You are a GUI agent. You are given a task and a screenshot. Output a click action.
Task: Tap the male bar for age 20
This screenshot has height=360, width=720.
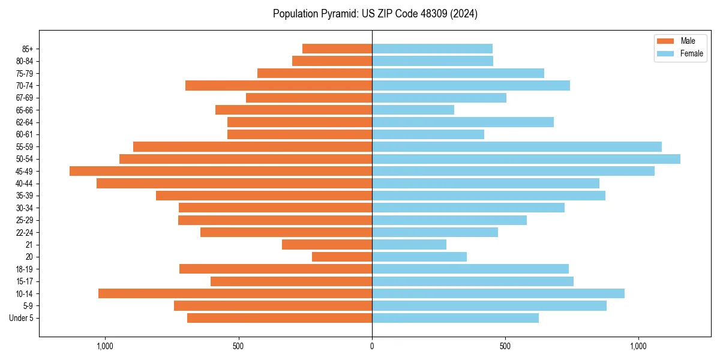(x=342, y=257)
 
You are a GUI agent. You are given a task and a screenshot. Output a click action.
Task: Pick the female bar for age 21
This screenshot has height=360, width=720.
(x=409, y=245)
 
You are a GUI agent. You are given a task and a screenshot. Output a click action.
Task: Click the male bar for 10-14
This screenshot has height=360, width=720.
(x=235, y=293)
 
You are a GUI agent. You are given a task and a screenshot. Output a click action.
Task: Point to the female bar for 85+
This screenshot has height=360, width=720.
(x=432, y=49)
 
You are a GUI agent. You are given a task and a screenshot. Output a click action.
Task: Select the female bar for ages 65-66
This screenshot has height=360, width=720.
(x=413, y=110)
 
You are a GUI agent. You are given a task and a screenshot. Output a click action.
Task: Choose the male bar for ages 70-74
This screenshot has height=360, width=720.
(x=278, y=85)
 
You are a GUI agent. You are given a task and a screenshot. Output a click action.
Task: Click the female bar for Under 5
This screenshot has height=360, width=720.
(x=455, y=318)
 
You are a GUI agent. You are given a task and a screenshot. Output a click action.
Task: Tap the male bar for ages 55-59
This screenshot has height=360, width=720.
(x=253, y=146)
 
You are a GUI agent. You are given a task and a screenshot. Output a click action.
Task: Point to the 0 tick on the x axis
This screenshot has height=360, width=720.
(x=372, y=346)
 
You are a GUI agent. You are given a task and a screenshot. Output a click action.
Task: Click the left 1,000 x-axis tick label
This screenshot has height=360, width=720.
(x=105, y=346)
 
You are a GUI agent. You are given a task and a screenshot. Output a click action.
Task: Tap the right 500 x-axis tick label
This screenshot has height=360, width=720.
(x=505, y=346)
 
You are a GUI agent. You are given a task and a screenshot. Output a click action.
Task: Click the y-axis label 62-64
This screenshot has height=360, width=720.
(x=25, y=122)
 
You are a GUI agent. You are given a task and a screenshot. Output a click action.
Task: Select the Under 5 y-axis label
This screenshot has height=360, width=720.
(x=22, y=318)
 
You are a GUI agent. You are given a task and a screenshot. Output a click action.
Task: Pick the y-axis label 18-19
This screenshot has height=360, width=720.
(x=25, y=269)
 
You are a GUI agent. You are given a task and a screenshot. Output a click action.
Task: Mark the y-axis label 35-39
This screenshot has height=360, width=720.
(x=25, y=196)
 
